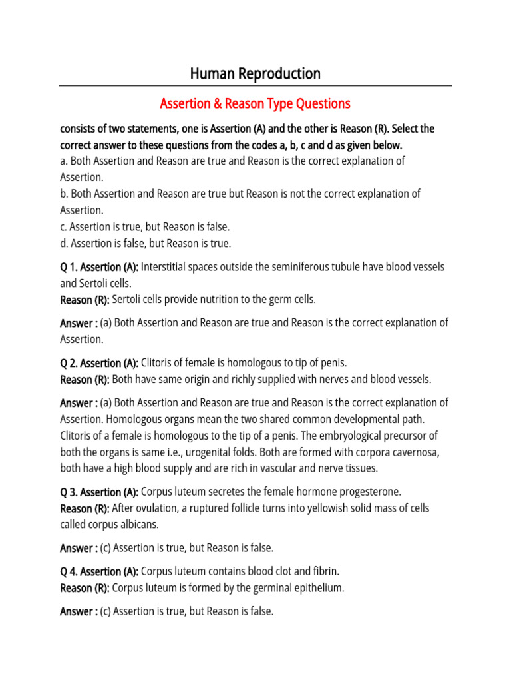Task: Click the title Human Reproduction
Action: pos(255,73)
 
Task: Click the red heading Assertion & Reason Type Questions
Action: pos(255,104)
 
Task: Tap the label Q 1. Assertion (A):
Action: pos(99,267)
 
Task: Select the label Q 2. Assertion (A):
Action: pos(99,364)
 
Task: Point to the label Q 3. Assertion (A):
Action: pos(99,492)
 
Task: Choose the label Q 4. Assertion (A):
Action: pos(99,572)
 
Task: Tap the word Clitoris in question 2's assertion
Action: pos(159,364)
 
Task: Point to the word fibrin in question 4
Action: pos(324,572)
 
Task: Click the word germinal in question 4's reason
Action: pos(259,589)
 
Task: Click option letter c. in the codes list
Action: pos(64,227)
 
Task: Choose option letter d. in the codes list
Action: pos(64,244)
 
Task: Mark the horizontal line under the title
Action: pos(255,86)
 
